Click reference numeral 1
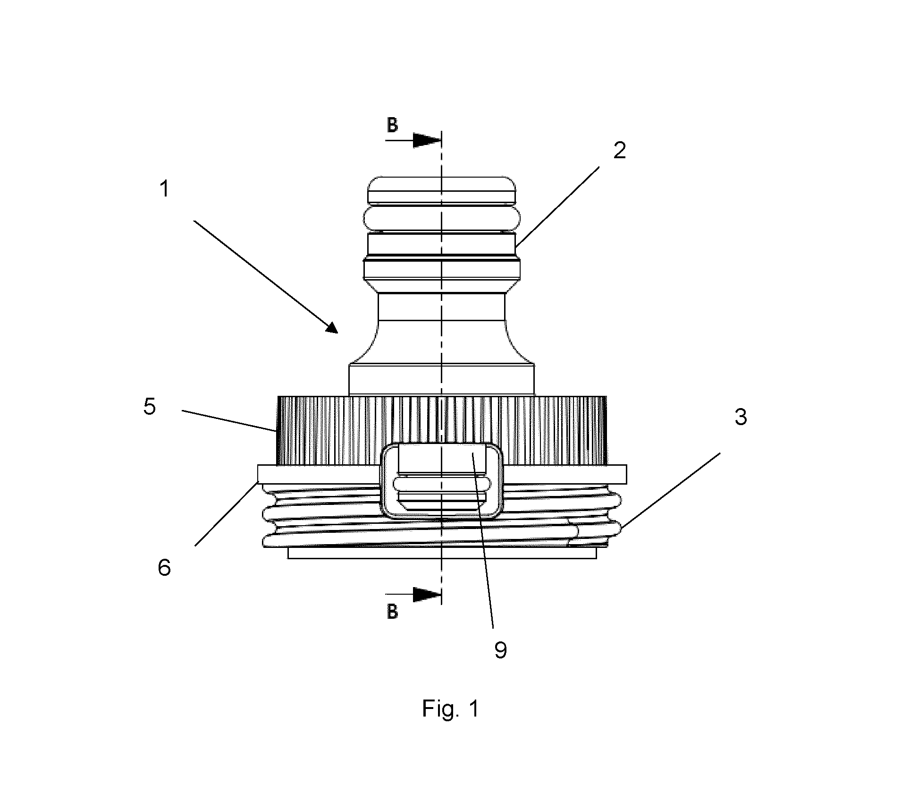click(x=164, y=190)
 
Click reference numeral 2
click(x=619, y=151)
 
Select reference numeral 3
click(x=741, y=417)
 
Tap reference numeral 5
click(x=150, y=407)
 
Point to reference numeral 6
click(x=164, y=568)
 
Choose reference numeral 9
click(x=501, y=650)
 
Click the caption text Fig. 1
click(x=451, y=709)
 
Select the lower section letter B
click(x=392, y=612)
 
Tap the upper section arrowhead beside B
click(x=427, y=140)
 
